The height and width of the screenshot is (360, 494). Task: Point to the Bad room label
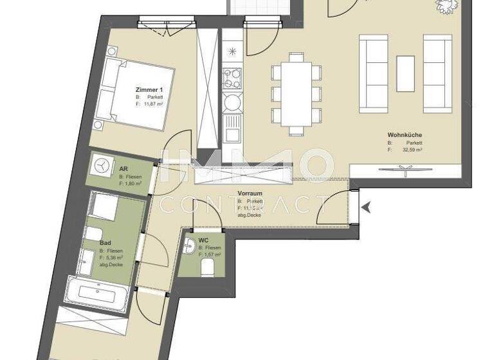click(105, 243)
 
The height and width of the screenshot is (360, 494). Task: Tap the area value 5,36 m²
click(116, 258)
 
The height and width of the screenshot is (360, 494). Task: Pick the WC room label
click(203, 240)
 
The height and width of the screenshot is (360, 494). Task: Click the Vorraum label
click(250, 193)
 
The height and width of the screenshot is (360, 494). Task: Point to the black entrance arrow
click(366, 208)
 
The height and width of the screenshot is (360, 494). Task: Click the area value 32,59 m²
click(412, 150)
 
